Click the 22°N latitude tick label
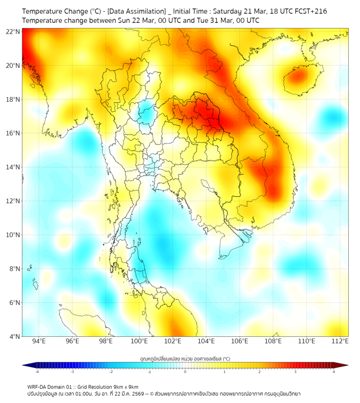13,31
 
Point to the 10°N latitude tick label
13,235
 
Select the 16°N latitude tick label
13,133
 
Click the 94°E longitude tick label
39,341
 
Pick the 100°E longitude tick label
140,341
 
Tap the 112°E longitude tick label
340,341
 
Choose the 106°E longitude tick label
240,341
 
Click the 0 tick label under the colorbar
185,372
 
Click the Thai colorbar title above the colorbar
185,358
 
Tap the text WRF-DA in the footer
36,386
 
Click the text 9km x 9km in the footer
126,386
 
